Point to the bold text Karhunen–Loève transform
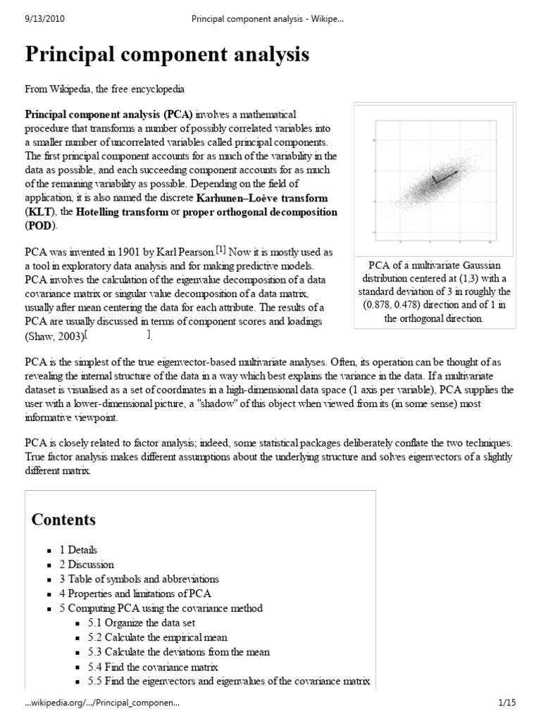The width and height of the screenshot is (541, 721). click(263, 198)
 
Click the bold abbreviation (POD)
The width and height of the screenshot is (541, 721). click(42, 225)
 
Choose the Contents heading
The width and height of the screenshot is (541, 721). click(64, 520)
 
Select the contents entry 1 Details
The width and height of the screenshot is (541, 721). click(78, 550)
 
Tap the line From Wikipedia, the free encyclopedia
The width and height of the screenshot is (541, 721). click(105, 91)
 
